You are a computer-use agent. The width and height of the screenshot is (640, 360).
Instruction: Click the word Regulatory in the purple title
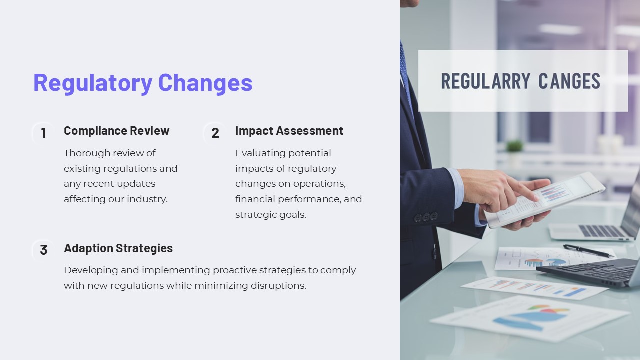pos(92,83)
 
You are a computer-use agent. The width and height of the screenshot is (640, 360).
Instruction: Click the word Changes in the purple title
pos(205,83)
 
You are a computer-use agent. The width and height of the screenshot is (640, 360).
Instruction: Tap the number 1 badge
pos(43,133)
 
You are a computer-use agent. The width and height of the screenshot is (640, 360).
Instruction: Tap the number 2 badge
pos(215,133)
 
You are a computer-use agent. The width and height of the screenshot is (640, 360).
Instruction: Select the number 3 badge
pos(43,250)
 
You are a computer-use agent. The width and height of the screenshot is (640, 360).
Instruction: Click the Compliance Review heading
pos(116,131)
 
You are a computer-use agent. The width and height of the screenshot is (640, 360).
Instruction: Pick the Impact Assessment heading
pos(289,131)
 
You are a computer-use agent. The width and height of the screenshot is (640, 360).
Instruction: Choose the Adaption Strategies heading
pos(118,248)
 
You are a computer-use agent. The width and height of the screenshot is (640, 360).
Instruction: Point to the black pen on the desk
pos(587,251)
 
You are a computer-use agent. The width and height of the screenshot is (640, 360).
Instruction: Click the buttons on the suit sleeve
pos(426,217)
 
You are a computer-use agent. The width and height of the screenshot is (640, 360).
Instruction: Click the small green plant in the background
pos(514,146)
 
